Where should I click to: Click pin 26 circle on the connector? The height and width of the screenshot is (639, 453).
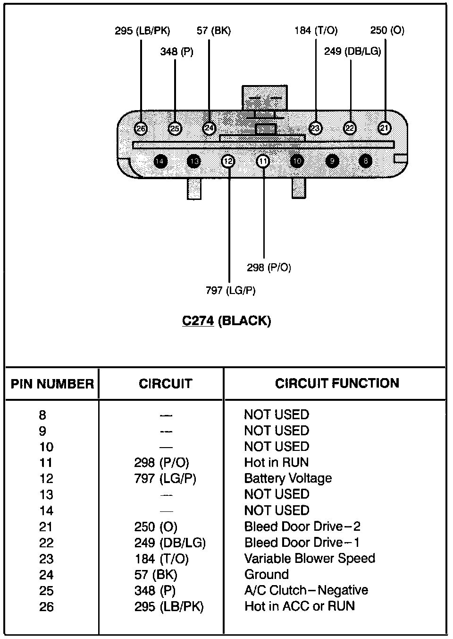141,128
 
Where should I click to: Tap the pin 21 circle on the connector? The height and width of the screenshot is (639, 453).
385,128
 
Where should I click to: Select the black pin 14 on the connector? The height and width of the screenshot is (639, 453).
160,162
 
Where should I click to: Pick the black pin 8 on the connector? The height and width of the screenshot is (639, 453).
366,162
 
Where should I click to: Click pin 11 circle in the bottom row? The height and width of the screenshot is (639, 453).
263,162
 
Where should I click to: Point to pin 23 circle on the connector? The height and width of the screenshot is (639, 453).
315,128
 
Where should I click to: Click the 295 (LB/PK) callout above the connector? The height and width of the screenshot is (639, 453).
142,31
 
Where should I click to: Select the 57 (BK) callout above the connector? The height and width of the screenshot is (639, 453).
214,31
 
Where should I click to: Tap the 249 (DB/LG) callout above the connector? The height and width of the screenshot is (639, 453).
352,52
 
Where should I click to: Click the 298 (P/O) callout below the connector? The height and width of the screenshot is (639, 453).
269,268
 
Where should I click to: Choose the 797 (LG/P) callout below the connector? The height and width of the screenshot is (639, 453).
230,290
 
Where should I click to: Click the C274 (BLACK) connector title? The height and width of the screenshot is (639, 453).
226,321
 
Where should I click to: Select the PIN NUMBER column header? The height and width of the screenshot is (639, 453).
52,383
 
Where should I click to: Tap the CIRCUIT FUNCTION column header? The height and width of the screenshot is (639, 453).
337,383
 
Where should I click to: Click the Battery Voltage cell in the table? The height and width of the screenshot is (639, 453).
288,478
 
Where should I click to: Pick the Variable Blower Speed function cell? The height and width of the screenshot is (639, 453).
310,558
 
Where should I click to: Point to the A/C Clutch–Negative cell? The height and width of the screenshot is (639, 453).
306,590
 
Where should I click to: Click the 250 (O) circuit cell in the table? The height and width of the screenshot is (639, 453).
156,527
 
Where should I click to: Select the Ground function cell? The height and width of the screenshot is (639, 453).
266,574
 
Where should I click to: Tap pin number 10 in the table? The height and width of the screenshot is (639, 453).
46,447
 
